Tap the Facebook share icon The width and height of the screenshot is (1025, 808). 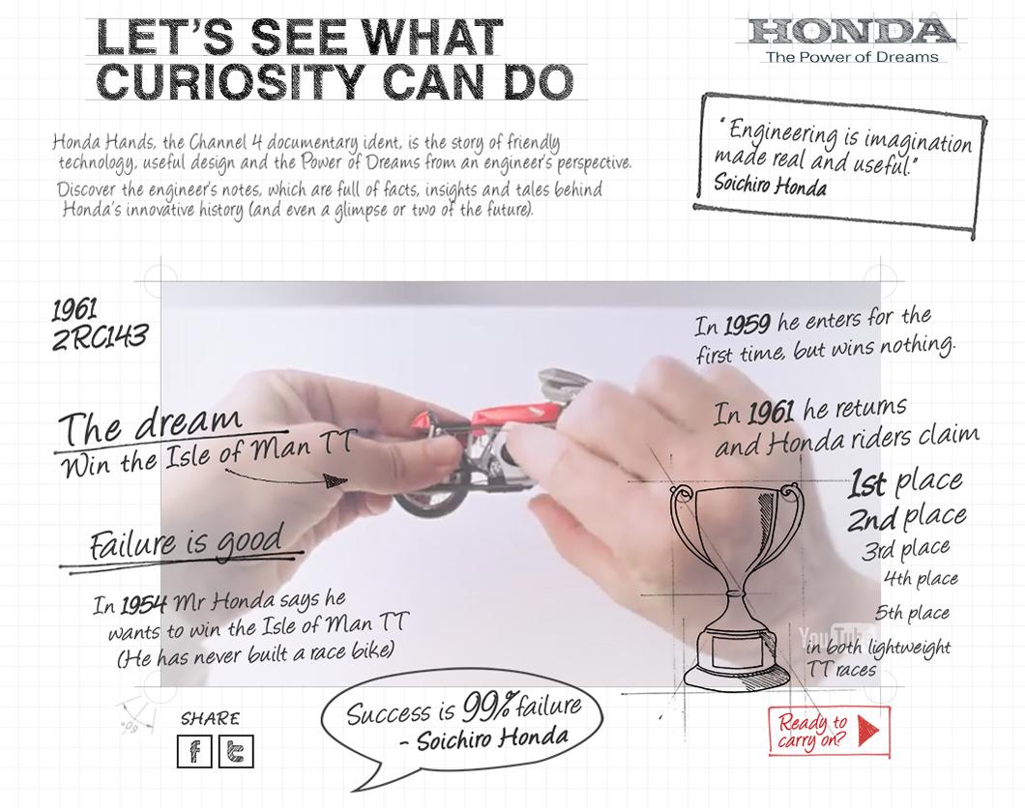tap(194, 751)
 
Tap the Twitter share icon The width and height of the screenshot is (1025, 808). tap(235, 751)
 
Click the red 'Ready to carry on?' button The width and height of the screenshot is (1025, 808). tap(829, 731)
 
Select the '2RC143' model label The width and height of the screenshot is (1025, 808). tap(100, 337)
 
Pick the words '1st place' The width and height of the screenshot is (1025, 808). tap(906, 482)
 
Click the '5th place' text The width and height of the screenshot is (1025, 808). tap(913, 613)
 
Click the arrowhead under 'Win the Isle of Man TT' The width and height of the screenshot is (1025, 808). tap(336, 482)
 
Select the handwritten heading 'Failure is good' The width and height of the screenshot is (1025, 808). tap(187, 541)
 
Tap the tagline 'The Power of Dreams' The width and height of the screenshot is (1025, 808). tap(852, 57)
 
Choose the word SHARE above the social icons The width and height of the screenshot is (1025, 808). tap(211, 718)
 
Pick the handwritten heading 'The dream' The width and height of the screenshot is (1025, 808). tap(150, 425)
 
